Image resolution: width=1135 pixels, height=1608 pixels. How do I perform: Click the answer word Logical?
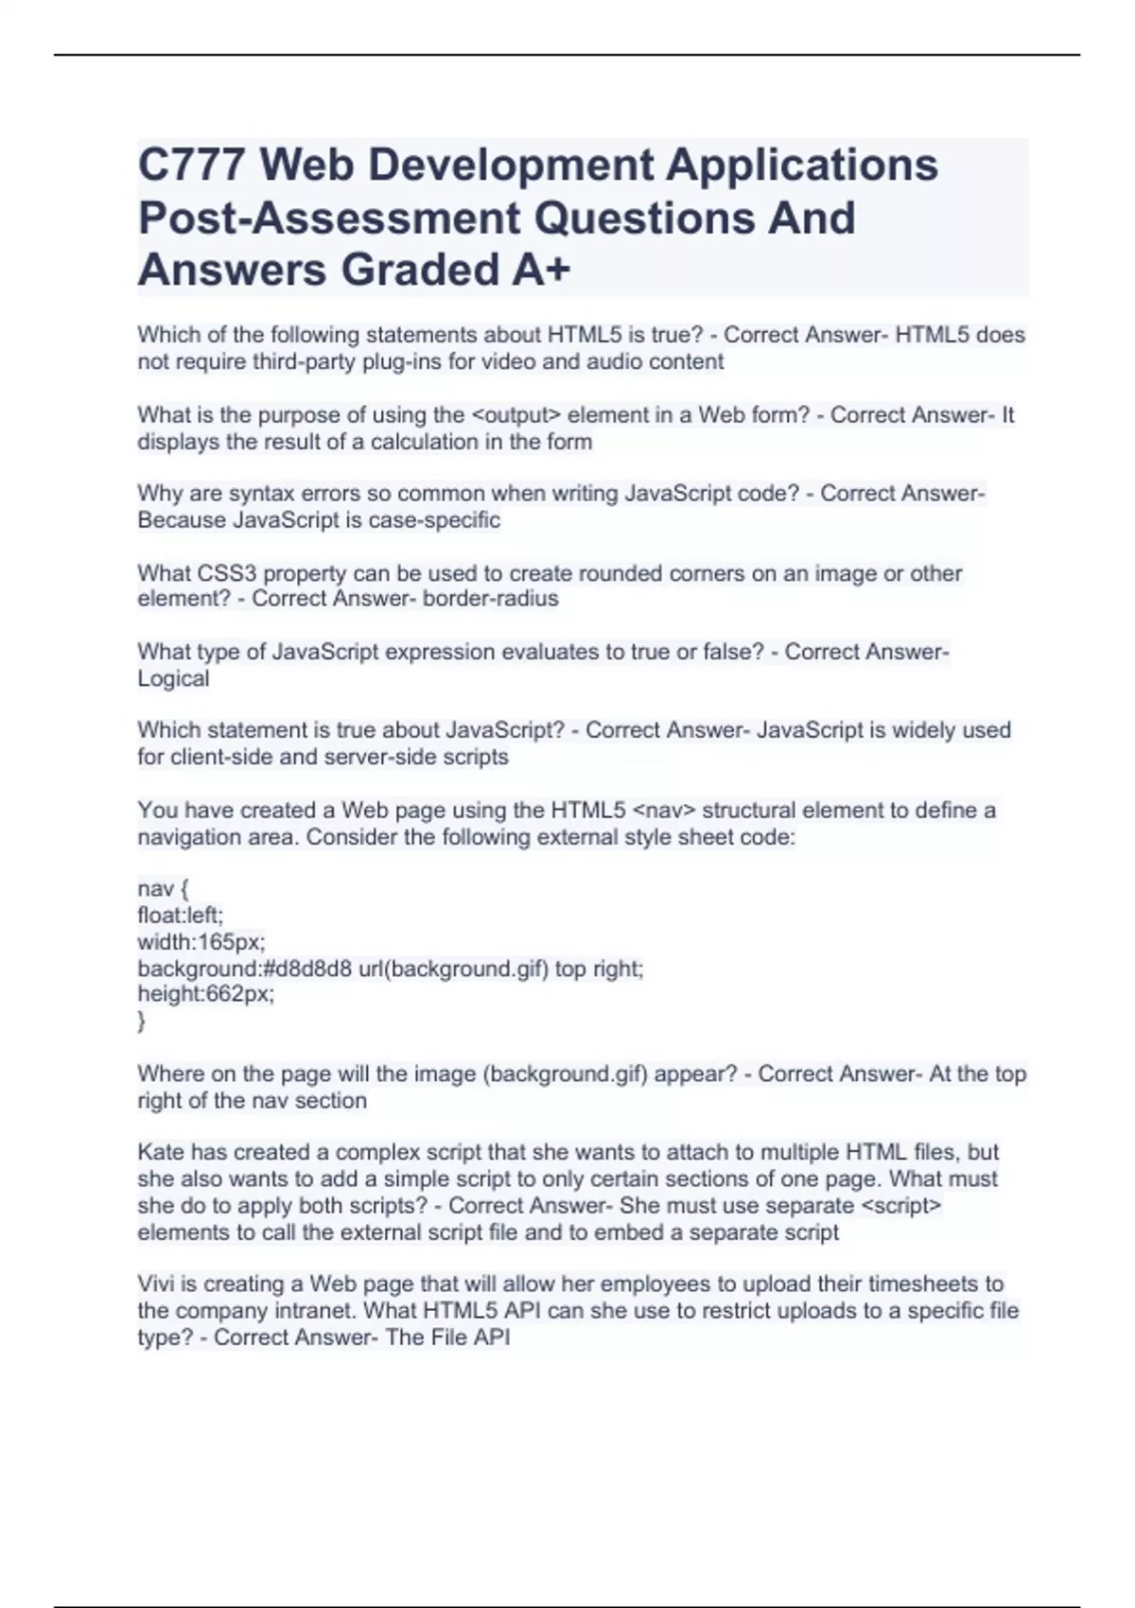(x=173, y=679)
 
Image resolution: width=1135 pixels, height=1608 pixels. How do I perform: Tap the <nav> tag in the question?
(x=662, y=811)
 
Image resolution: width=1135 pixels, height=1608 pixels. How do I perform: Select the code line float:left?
(x=181, y=916)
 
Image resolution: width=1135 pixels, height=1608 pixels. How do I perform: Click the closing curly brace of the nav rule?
(x=142, y=1021)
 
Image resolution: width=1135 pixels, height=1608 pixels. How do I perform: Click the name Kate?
(x=161, y=1153)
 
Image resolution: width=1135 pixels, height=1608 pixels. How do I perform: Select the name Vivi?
(x=156, y=1285)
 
